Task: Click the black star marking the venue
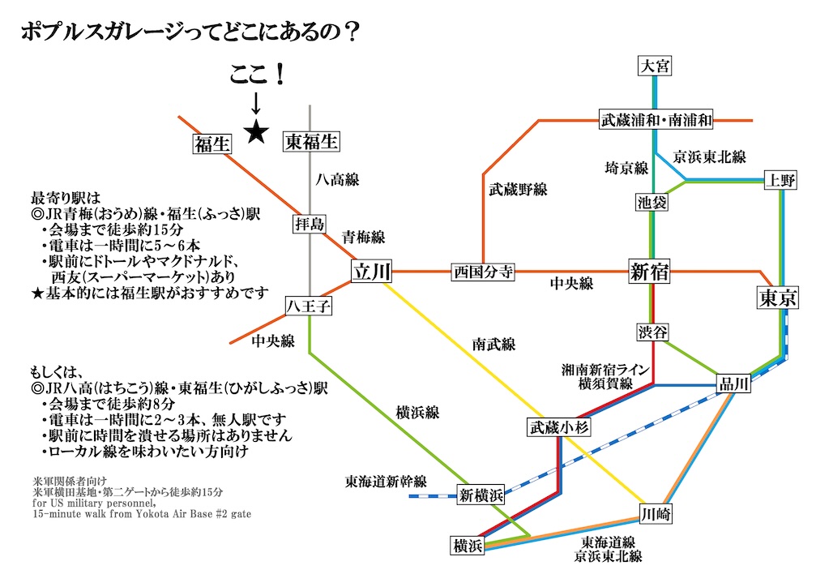pyautogui.click(x=256, y=131)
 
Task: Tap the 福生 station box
pyautogui.click(x=212, y=144)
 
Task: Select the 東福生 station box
pyautogui.click(x=311, y=142)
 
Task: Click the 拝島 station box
pyautogui.click(x=310, y=224)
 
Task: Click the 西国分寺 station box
pyautogui.click(x=483, y=272)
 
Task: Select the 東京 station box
pyautogui.click(x=778, y=298)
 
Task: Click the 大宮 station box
pyautogui.click(x=655, y=66)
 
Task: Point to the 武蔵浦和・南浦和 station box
pyautogui.click(x=656, y=120)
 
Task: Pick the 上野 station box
pyautogui.click(x=781, y=181)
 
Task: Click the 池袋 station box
pyautogui.click(x=652, y=203)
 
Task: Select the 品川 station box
pyautogui.click(x=734, y=385)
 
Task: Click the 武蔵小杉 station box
pyautogui.click(x=557, y=428)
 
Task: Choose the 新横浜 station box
pyautogui.click(x=481, y=495)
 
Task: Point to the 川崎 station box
pyautogui.click(x=656, y=514)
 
